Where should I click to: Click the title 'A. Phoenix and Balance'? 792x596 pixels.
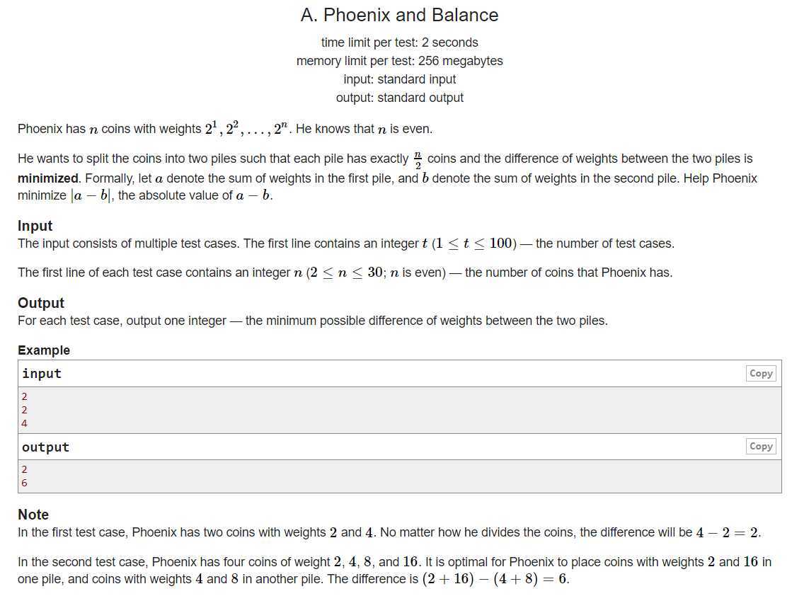(x=399, y=15)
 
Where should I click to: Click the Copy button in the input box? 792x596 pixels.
(x=761, y=373)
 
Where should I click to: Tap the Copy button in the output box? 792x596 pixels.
(x=761, y=446)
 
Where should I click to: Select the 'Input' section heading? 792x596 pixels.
(x=35, y=226)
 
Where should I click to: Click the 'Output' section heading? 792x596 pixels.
(x=41, y=303)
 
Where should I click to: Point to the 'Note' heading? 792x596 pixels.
(x=33, y=515)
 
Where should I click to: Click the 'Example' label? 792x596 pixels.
(x=44, y=350)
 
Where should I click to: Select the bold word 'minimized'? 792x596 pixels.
(x=48, y=178)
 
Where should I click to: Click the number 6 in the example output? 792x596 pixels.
(x=25, y=483)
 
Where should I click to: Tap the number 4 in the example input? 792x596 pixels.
(x=25, y=423)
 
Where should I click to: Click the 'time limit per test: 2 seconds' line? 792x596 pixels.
(x=399, y=42)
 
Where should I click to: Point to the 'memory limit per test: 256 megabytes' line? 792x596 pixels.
(x=399, y=61)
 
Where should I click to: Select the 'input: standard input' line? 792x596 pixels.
(x=399, y=79)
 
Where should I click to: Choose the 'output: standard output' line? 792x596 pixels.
(x=399, y=98)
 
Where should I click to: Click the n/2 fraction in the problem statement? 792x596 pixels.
(x=418, y=159)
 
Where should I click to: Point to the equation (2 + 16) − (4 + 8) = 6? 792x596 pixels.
(x=495, y=579)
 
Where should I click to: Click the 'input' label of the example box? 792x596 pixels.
(x=42, y=374)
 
